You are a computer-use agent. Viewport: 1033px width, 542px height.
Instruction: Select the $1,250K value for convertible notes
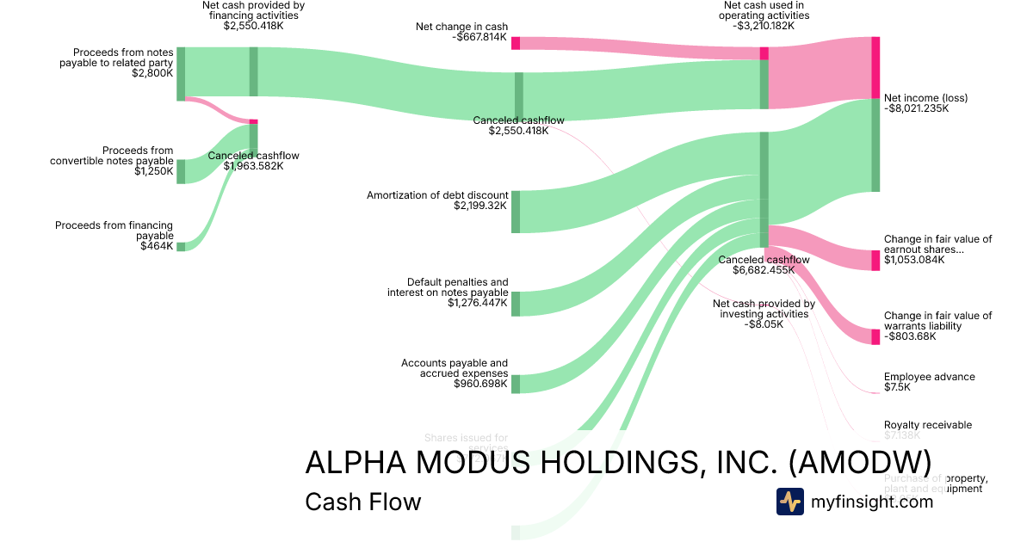tap(154, 171)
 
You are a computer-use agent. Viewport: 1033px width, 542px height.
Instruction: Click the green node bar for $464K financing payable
tap(181, 246)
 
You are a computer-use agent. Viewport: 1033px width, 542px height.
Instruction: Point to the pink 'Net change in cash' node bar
tap(515, 43)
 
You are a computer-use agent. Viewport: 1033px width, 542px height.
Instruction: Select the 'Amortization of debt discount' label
tap(437, 195)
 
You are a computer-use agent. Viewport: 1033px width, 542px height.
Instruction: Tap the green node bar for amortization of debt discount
tap(515, 212)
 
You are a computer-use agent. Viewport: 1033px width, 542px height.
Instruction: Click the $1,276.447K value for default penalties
tap(477, 303)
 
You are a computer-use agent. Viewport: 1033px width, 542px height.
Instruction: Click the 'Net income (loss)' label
tap(925, 98)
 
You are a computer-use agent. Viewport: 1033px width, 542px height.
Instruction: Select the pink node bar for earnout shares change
tap(875, 260)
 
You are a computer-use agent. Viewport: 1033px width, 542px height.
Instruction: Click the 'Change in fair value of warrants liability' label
tap(937, 321)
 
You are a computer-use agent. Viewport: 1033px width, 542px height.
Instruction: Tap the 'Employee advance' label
tap(929, 377)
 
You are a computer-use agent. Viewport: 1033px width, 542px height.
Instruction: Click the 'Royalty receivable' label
tap(927, 425)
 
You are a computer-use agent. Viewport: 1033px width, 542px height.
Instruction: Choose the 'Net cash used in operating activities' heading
tap(765, 10)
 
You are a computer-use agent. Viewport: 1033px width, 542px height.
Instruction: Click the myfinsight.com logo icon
tap(789, 502)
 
